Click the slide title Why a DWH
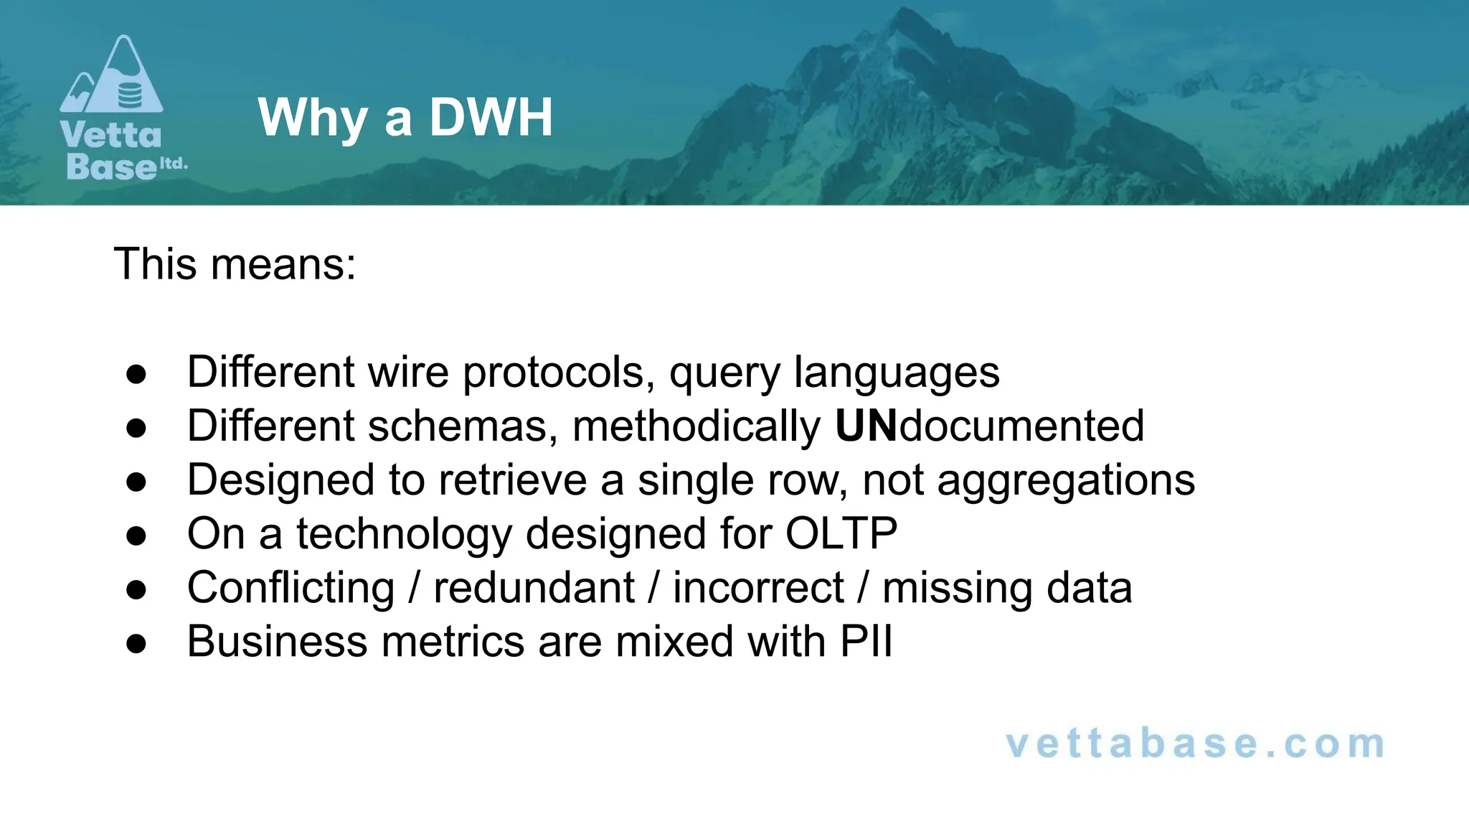coord(405,117)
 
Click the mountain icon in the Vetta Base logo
coord(112,76)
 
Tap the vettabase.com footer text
coord(1195,744)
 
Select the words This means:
coord(235,264)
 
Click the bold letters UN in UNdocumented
coord(866,426)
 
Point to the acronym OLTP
coord(841,533)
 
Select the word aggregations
coord(1066,480)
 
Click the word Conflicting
coord(291,588)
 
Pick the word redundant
coord(534,588)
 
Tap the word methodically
coord(696,426)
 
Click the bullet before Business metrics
coord(136,643)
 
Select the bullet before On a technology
coord(136,536)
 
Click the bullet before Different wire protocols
coord(136,374)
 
